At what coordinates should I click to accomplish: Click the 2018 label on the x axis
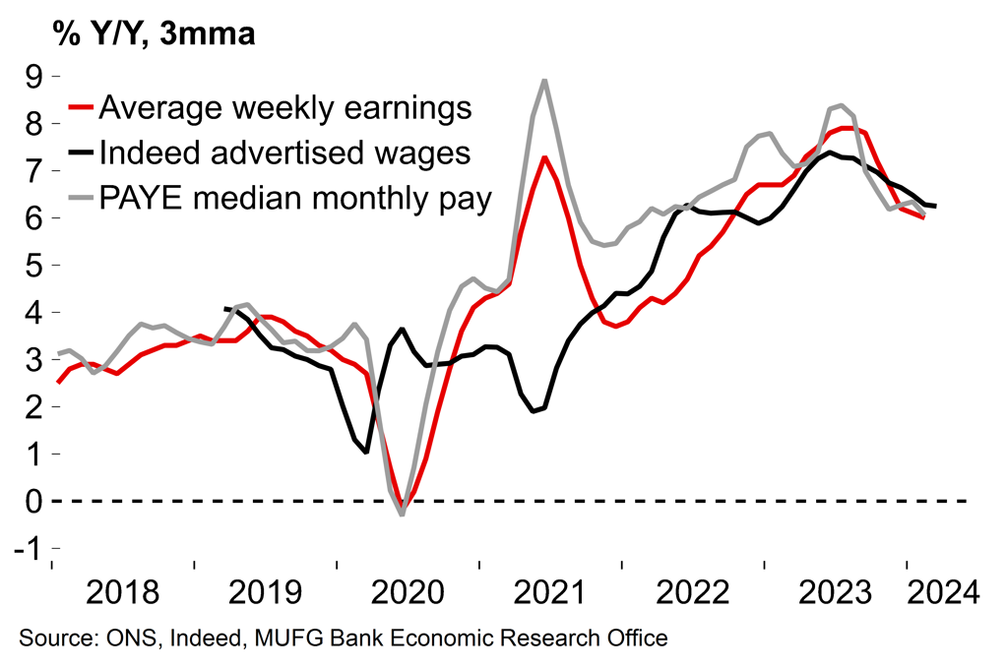click(122, 593)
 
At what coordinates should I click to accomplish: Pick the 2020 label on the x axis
click(408, 593)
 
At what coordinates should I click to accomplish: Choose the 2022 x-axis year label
click(693, 593)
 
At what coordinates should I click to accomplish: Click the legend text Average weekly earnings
click(286, 107)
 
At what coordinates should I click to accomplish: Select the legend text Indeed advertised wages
click(285, 154)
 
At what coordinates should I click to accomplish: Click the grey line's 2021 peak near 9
click(544, 81)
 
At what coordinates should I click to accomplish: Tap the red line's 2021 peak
click(544, 157)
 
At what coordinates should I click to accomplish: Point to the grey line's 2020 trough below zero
click(402, 514)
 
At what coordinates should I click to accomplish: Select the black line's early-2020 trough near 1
click(366, 452)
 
